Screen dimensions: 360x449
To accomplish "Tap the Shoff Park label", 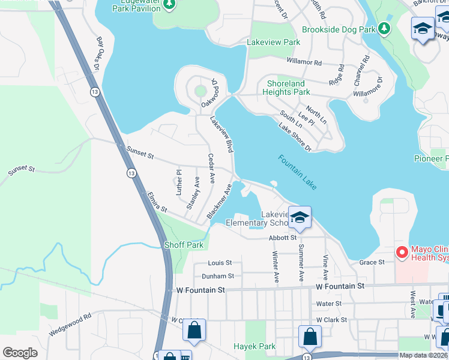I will tap(184, 245).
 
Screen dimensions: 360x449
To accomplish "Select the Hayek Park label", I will tap(259, 346).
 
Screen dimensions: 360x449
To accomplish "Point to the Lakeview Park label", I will tap(273, 43).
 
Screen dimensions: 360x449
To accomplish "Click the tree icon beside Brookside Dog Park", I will tap(384, 29).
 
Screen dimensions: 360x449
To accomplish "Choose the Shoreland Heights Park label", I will tap(286, 88).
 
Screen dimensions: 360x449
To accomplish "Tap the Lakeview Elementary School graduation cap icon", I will tap(300, 218).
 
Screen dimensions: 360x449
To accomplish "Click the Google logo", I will tap(20, 352).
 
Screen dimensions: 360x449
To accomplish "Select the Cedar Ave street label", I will tap(211, 169).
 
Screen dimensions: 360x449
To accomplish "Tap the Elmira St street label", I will tap(156, 206).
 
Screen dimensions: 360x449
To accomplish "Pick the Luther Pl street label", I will tap(178, 182).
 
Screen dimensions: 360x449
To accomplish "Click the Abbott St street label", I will tap(283, 238).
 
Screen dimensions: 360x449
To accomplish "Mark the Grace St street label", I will tap(372, 262).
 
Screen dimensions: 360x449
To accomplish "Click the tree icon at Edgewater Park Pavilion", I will tap(169, 5).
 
